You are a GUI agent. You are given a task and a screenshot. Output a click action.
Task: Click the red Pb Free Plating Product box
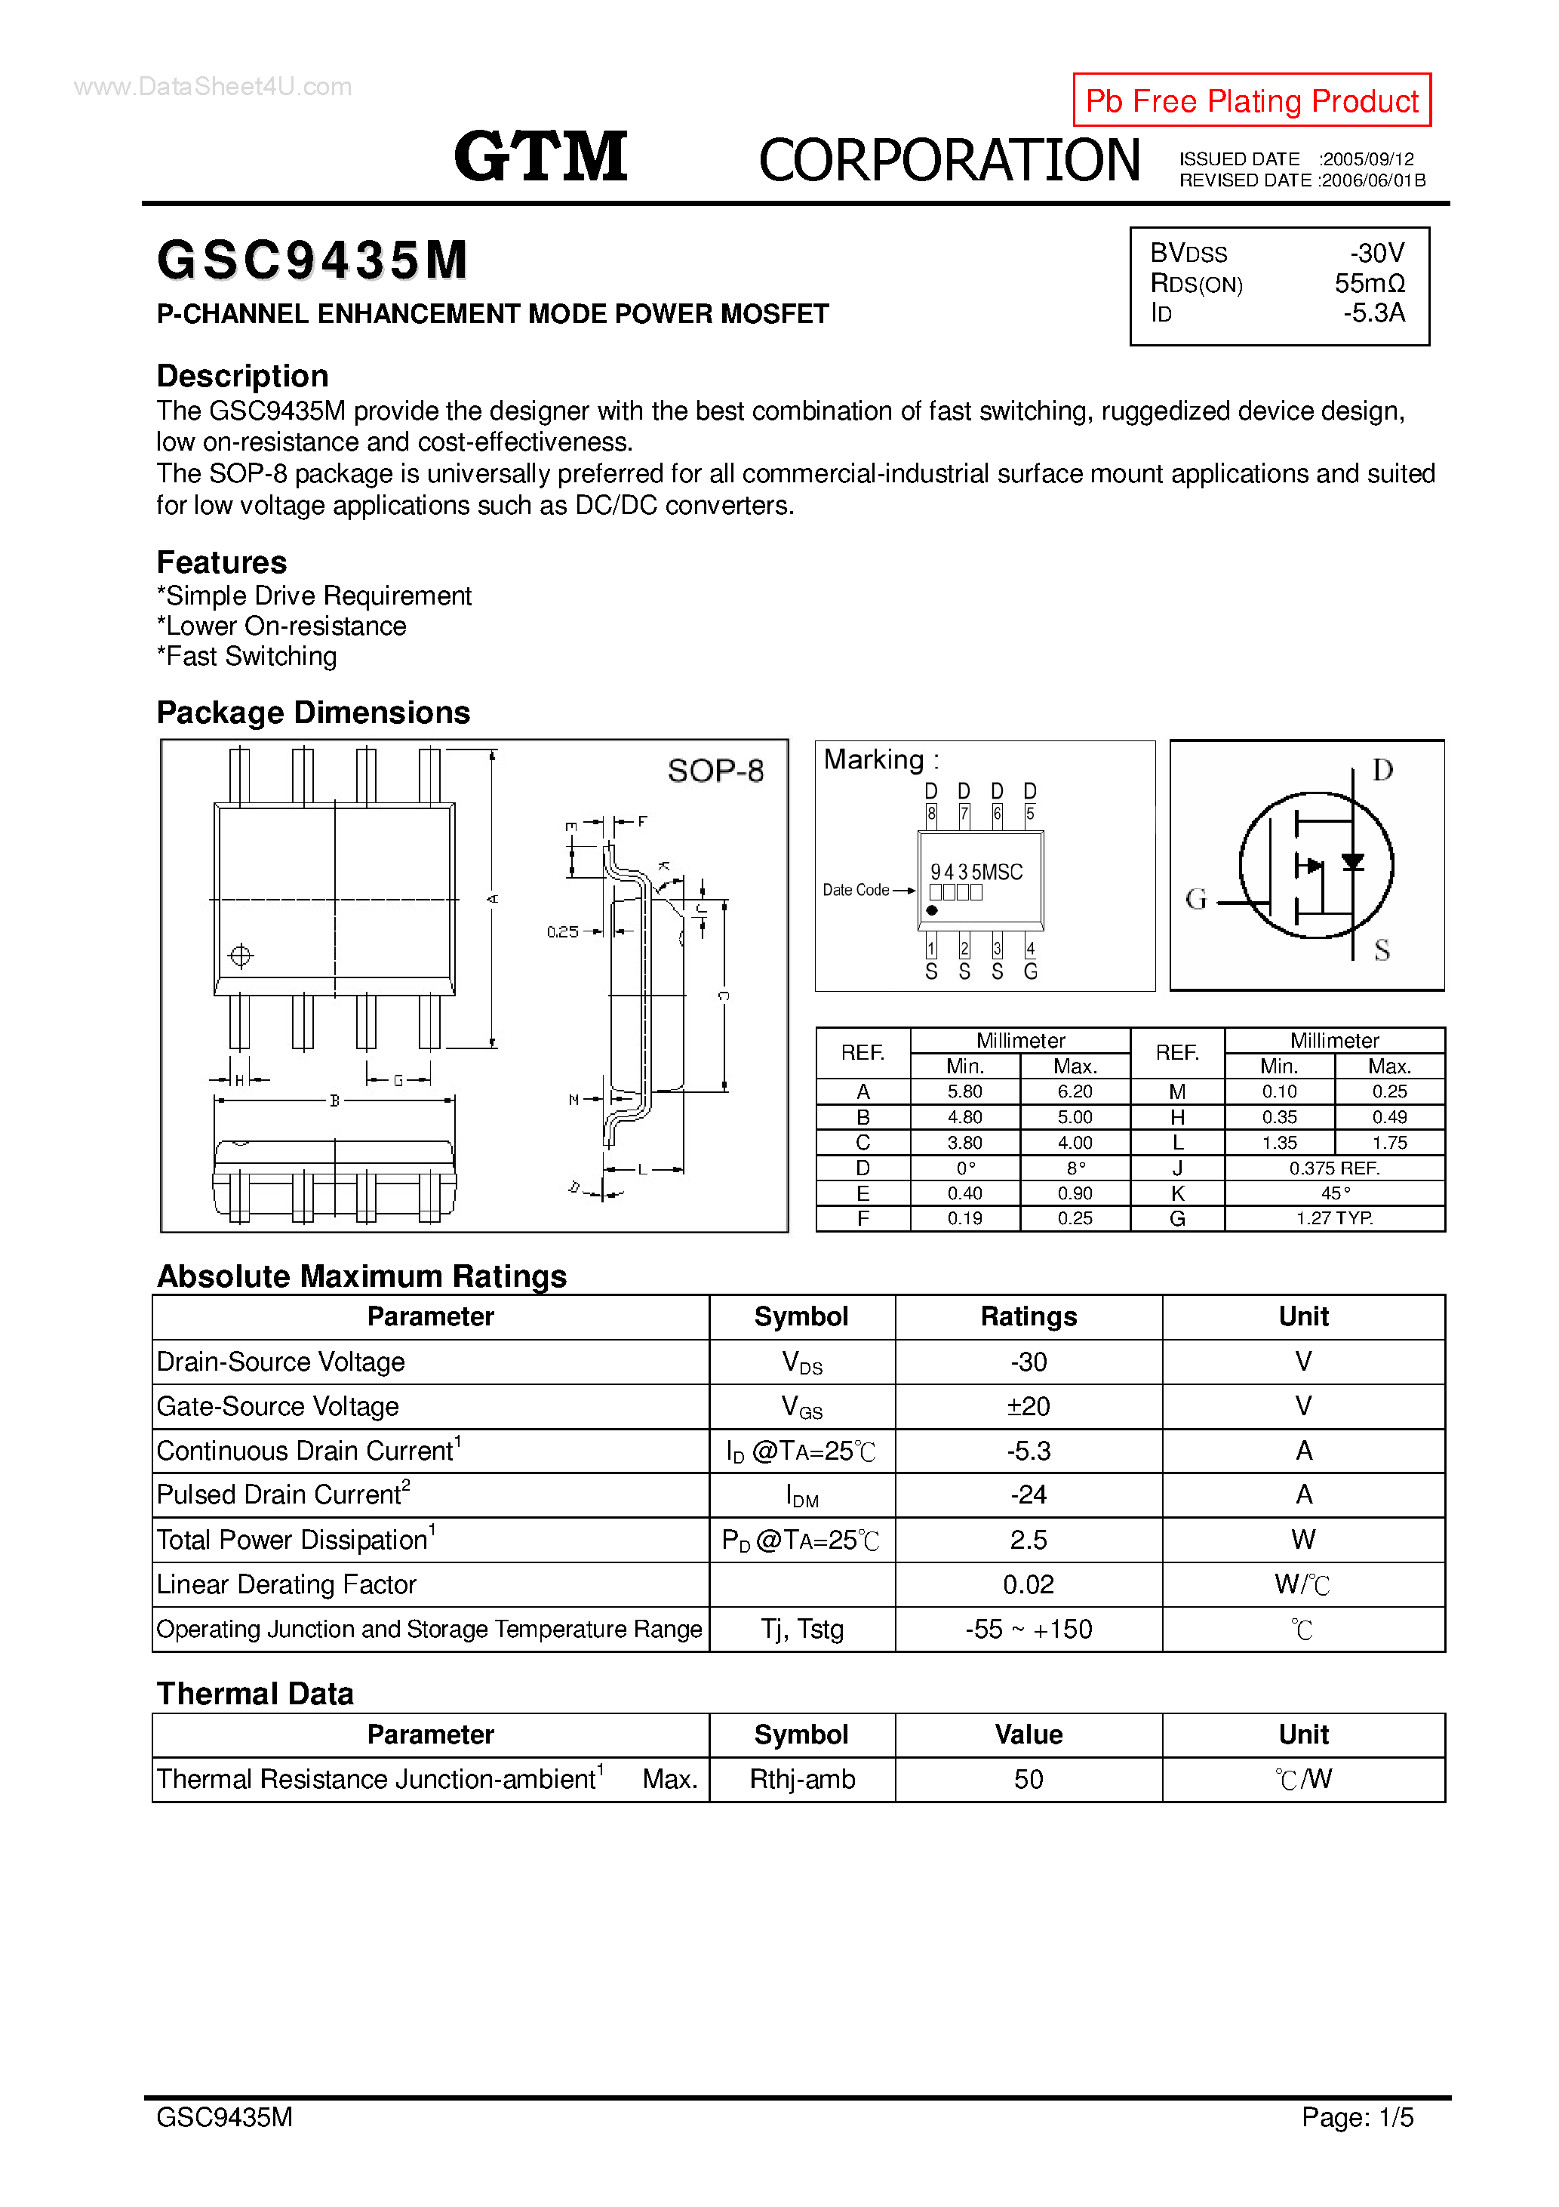[x=1250, y=100]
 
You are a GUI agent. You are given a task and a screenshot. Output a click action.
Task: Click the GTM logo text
[x=540, y=157]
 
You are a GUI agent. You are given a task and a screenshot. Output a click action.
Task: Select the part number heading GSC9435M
[x=312, y=260]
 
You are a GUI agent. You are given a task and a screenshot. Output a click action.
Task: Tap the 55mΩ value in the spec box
[x=1369, y=284]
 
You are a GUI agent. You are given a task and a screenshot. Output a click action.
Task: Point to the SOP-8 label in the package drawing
[x=715, y=771]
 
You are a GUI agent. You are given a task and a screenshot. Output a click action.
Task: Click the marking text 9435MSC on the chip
[x=976, y=872]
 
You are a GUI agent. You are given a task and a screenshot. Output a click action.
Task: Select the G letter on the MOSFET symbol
[x=1196, y=899]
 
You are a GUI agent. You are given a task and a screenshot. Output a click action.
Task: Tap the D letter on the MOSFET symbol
[x=1382, y=770]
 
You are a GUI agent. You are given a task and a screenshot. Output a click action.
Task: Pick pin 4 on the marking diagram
[x=1030, y=949]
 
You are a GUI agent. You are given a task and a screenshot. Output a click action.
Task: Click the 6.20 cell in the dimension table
[x=1075, y=1092]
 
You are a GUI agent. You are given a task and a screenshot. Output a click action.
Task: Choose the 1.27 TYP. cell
[x=1334, y=1219]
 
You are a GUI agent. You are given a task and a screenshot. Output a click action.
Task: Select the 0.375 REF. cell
[x=1334, y=1168]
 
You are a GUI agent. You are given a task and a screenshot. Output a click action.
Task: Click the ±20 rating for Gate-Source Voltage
[x=1028, y=1406]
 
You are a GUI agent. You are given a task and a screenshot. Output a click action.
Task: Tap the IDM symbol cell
[x=801, y=1496]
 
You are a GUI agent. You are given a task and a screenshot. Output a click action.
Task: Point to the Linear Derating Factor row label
[x=287, y=1584]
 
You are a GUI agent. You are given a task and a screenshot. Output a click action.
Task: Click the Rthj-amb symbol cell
[x=801, y=1779]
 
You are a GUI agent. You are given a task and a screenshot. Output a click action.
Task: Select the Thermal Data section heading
[x=255, y=1694]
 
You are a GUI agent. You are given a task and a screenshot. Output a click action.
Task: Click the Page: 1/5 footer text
[x=1358, y=2116]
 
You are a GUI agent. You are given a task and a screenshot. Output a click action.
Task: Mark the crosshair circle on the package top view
[x=240, y=956]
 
